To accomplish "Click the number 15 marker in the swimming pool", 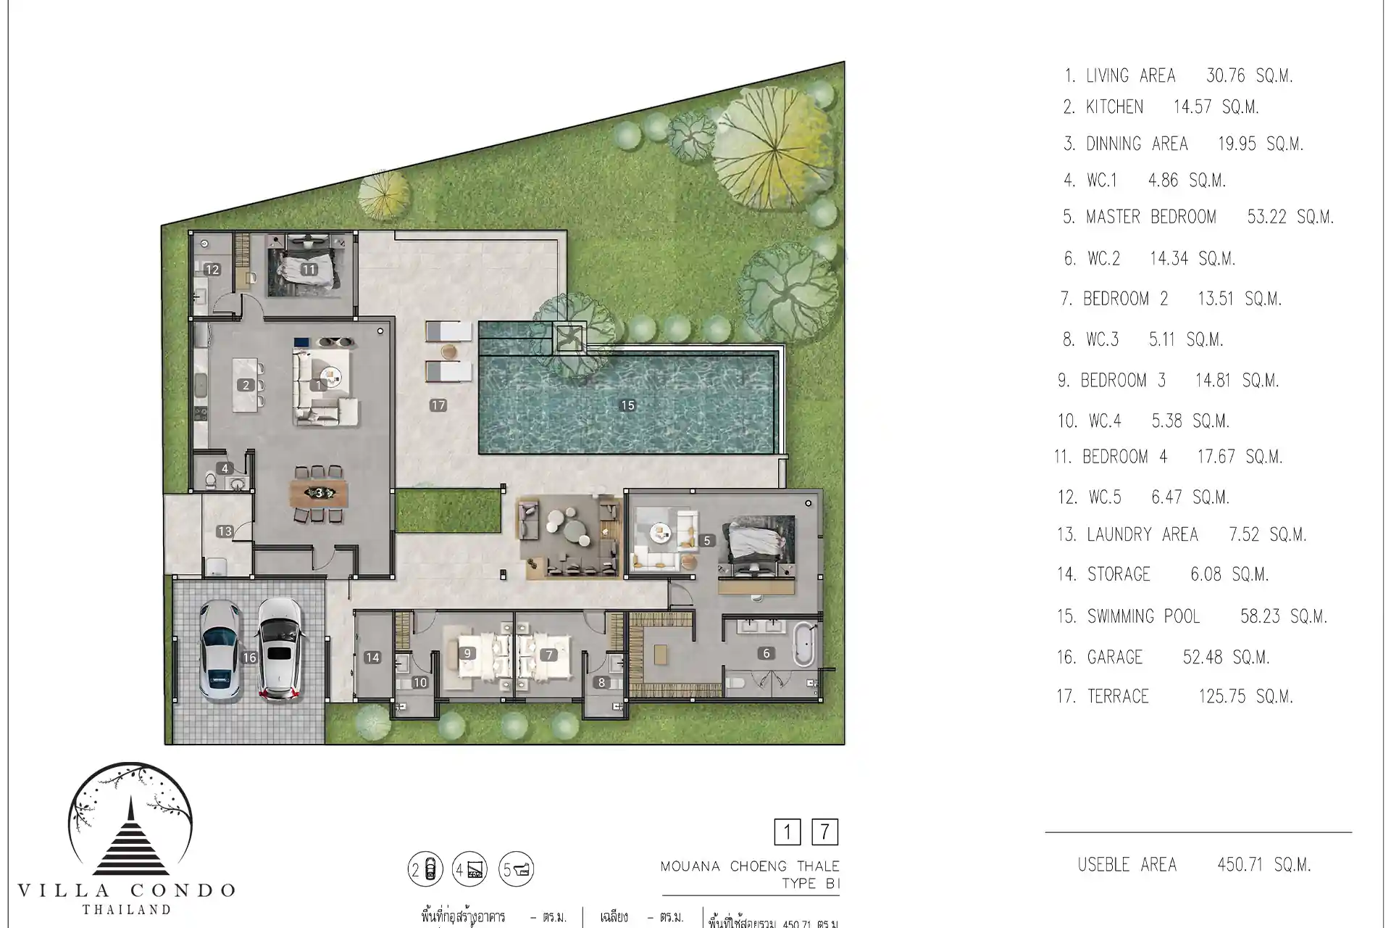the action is (x=627, y=405).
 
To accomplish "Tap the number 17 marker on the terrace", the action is (x=438, y=405).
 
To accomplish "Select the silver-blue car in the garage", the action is (x=220, y=652).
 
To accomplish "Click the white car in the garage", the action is (x=280, y=650).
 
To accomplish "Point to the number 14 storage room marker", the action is (x=372, y=658).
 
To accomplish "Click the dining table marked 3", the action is (x=319, y=494).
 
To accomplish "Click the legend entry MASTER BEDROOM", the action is (x=1150, y=217).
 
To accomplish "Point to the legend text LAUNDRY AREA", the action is (x=1143, y=534).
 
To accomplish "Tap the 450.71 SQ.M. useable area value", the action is (x=1264, y=864).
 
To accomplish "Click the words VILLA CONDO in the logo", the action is (x=127, y=890).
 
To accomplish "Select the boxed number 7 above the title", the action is (x=824, y=832).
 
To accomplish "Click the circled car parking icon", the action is (x=425, y=869).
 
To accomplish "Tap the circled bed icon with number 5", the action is (x=517, y=869).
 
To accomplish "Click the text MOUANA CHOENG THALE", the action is (x=750, y=866).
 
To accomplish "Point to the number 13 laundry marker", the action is (x=225, y=531).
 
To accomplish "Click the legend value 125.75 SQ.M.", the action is (x=1245, y=697).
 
